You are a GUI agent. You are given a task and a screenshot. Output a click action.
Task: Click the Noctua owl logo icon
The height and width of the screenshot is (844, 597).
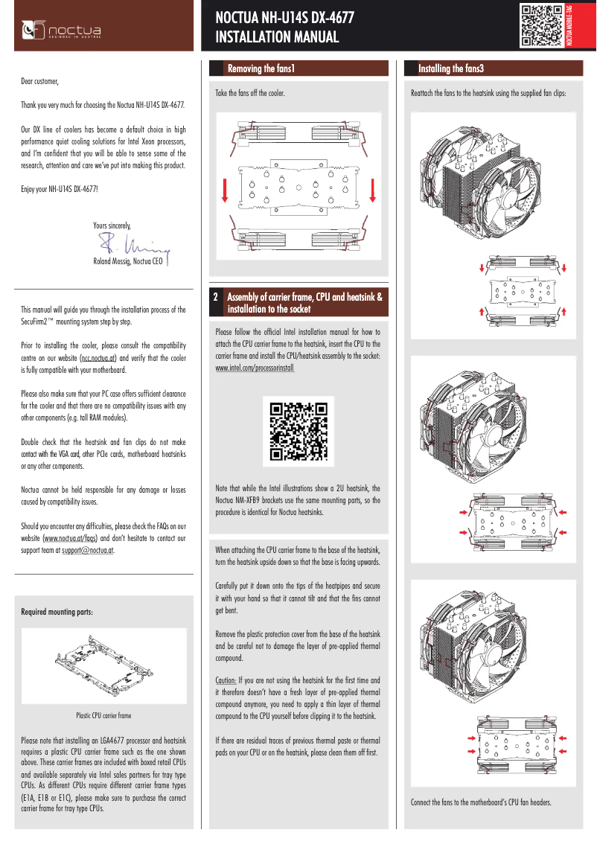coord(33,29)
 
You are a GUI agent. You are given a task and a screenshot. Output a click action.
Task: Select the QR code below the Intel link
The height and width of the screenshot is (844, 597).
coord(298,431)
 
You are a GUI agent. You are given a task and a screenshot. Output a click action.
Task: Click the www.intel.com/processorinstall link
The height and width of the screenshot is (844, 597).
coord(255,368)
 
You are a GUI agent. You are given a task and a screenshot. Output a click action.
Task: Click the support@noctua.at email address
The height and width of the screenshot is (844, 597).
coord(88,551)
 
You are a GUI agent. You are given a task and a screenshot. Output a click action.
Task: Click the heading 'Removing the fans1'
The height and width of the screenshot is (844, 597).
coord(261,68)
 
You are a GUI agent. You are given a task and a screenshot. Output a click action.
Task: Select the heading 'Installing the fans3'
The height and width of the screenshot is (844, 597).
coord(451,68)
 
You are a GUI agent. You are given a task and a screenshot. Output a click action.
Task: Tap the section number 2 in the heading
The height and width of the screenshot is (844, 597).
coord(216,297)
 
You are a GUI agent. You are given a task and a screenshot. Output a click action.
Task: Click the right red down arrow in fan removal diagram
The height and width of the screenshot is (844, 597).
coord(372,191)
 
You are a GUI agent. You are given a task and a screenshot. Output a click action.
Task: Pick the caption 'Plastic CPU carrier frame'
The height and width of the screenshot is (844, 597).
coord(103,716)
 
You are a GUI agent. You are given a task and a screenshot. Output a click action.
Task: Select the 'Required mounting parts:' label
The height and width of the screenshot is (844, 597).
coord(57,612)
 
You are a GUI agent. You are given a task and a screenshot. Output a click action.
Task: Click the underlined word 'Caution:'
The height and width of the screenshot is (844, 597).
coord(226,680)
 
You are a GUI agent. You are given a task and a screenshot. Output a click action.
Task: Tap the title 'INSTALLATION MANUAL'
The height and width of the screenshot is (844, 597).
coord(277,37)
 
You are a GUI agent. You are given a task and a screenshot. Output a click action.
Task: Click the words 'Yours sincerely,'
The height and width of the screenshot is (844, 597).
coord(112,224)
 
